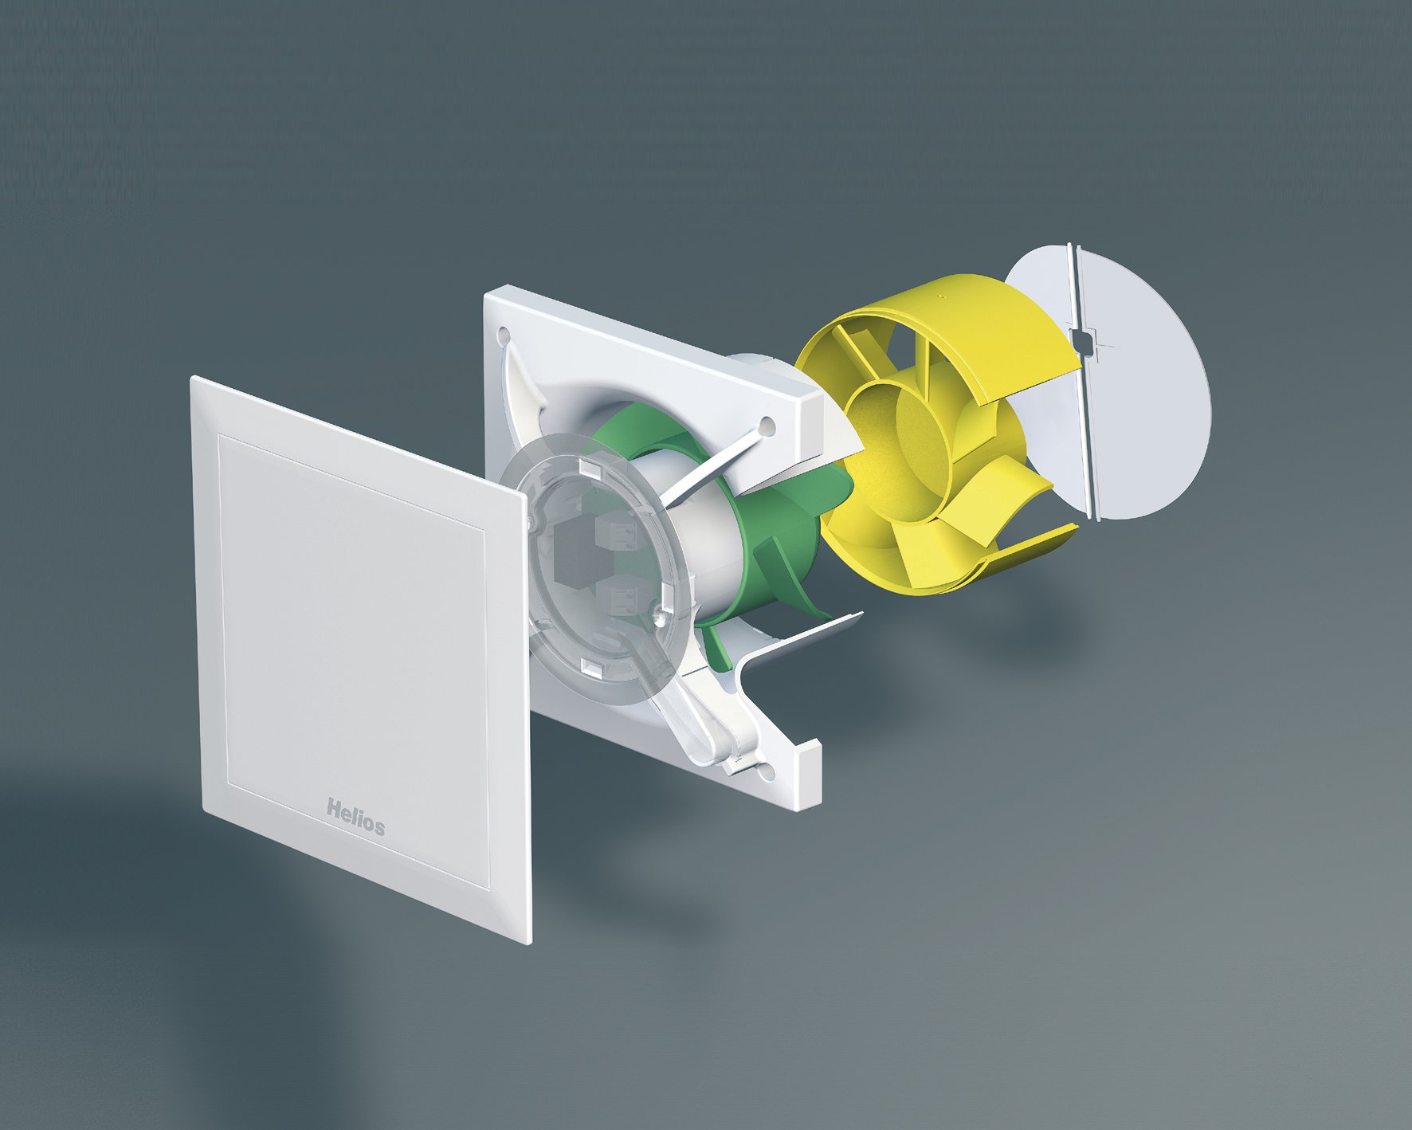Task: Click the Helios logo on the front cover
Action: point(355,817)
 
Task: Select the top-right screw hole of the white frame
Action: point(767,426)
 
